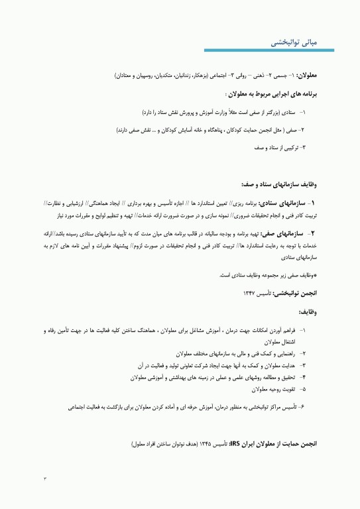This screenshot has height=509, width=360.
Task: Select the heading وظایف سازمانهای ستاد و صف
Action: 278,185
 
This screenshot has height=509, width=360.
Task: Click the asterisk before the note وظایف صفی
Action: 316,274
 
